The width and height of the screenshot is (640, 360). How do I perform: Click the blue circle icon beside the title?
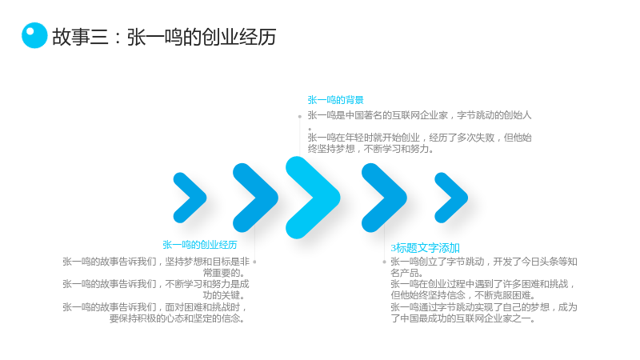(x=34, y=35)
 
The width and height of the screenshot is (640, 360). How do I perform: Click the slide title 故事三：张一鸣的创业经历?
(x=164, y=37)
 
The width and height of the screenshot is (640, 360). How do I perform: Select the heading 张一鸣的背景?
(x=335, y=100)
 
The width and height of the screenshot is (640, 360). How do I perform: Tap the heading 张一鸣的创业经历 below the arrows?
(x=199, y=245)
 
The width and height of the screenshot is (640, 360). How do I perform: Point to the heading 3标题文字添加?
(x=426, y=248)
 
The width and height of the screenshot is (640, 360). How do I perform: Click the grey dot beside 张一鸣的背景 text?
(x=299, y=116)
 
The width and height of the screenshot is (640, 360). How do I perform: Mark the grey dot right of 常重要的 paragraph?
(x=254, y=262)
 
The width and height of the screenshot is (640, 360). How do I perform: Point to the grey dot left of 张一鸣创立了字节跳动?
(x=384, y=262)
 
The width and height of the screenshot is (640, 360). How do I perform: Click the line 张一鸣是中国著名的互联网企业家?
(x=419, y=115)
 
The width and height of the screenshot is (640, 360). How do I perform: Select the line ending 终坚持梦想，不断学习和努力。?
(x=370, y=149)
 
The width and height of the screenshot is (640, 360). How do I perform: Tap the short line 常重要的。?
(x=226, y=273)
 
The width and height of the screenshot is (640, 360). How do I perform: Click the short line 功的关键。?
(x=226, y=295)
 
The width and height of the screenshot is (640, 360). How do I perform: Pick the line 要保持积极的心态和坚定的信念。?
(x=178, y=318)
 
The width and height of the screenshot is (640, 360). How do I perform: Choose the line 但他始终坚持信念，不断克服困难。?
(x=463, y=295)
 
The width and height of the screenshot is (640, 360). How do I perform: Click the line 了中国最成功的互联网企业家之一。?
(x=463, y=318)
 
